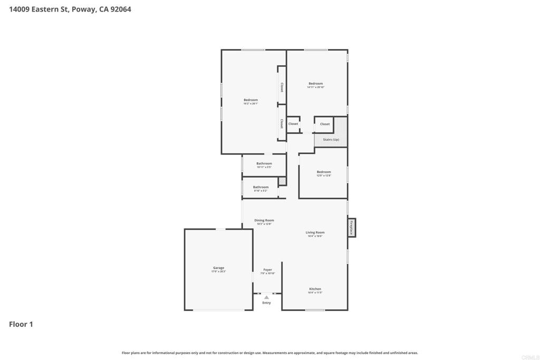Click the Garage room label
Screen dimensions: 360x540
point(218,268)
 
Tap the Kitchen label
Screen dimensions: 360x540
point(315,289)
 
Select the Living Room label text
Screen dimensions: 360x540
point(315,232)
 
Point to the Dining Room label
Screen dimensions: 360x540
point(264,220)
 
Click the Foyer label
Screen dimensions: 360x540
point(268,270)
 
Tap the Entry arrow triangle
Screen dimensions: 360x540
point(266,297)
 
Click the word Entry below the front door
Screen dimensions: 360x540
point(266,303)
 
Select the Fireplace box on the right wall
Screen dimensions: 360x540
point(351,228)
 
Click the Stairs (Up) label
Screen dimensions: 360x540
point(331,139)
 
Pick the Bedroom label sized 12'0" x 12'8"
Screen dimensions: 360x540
point(324,172)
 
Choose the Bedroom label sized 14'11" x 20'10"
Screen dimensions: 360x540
point(315,84)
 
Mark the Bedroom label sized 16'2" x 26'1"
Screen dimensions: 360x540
point(250,100)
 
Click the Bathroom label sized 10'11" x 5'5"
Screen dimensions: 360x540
point(264,163)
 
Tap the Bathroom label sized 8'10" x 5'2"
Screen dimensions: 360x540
point(261,187)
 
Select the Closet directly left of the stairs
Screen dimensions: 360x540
point(325,124)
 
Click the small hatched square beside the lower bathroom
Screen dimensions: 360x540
point(282,181)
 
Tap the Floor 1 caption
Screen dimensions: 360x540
point(21,324)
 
